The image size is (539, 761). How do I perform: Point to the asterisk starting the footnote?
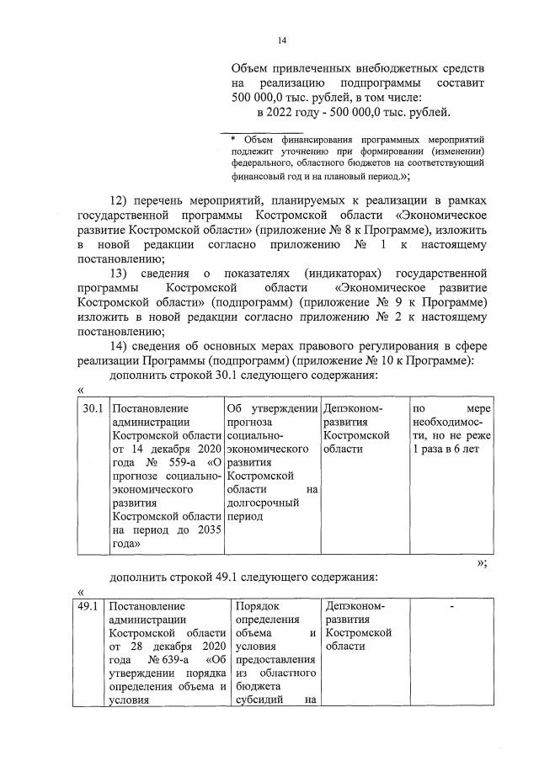(x=234, y=139)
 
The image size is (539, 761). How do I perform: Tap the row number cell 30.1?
(x=93, y=408)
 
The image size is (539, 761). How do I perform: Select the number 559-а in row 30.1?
(x=184, y=462)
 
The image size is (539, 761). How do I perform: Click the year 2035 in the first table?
(x=203, y=530)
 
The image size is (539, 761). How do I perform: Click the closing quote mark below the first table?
(x=482, y=563)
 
